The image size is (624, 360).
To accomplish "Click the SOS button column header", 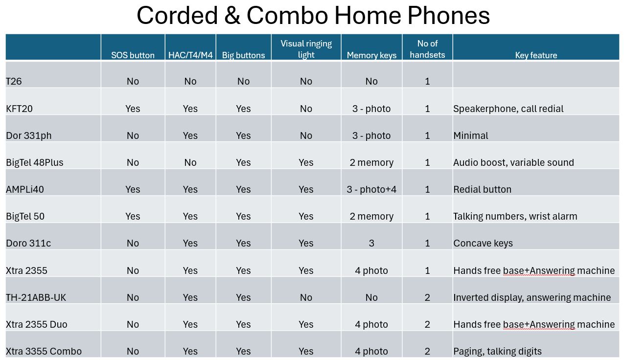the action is click(x=133, y=55).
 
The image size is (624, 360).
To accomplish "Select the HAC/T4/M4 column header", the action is click(x=190, y=55).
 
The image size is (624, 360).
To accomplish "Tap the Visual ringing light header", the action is click(x=306, y=49).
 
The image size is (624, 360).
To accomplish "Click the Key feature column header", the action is click(x=536, y=55).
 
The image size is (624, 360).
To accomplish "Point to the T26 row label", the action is click(x=14, y=81).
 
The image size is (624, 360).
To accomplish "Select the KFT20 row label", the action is click(x=19, y=109).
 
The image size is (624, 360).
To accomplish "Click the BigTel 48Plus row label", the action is click(x=35, y=162).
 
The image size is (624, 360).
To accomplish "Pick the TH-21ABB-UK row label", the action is click(x=36, y=297).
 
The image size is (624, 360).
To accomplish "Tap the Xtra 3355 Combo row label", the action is click(x=44, y=351).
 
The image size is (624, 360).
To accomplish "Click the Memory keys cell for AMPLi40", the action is click(x=371, y=189).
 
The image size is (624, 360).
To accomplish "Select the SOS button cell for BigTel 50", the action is click(x=133, y=216).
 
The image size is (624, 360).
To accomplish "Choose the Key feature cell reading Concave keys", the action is click(x=483, y=243).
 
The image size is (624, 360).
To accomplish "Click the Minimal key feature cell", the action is click(x=470, y=135).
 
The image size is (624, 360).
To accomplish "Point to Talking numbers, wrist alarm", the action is click(x=515, y=216).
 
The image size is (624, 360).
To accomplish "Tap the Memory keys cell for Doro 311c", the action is click(x=371, y=243).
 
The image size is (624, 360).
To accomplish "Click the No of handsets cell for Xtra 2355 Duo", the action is click(x=427, y=324).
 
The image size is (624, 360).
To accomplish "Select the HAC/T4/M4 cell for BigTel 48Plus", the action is click(x=190, y=162).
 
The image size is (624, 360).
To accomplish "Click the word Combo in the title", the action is click(x=287, y=15).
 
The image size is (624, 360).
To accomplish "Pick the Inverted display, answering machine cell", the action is click(x=532, y=297).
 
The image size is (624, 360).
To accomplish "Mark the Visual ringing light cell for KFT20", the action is click(x=306, y=109).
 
